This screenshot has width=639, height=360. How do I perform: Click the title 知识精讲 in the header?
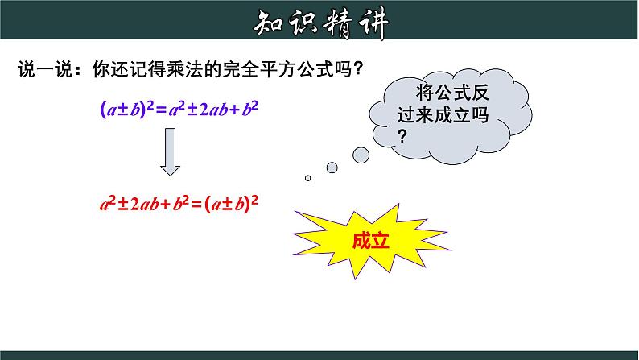tap(321, 23)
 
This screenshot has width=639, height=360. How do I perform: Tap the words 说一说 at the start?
tap(46, 69)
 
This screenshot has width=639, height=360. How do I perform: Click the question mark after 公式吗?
tap(359, 68)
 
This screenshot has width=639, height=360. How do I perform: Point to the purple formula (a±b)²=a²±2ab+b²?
tap(179, 109)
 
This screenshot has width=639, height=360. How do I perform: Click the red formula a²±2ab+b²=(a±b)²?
tap(179, 203)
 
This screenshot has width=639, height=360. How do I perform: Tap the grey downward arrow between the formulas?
tap(170, 151)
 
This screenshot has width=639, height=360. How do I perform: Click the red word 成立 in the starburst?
tap(370, 241)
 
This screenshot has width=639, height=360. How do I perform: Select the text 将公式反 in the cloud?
tap(452, 93)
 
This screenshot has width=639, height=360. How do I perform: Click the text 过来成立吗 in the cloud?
tap(443, 115)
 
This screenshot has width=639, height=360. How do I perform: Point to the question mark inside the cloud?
tap(402, 136)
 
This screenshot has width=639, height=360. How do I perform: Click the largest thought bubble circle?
tap(361, 155)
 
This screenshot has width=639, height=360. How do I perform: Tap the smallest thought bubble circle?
tap(307, 178)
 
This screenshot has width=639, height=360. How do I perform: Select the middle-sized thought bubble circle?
tap(332, 168)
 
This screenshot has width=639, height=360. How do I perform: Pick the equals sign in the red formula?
tap(196, 204)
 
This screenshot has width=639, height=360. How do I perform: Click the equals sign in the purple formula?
tap(162, 110)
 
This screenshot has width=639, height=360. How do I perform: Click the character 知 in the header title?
tap(269, 23)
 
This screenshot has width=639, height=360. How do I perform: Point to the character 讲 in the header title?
tap(373, 24)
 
